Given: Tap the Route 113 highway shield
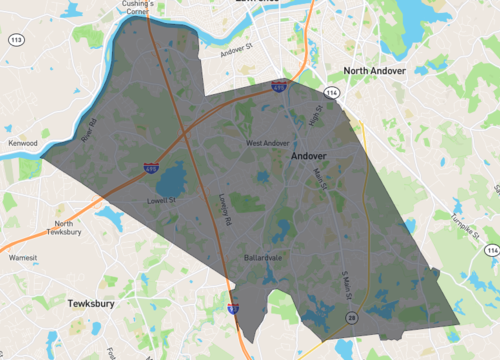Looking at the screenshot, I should coord(17,40).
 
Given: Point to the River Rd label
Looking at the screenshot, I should coord(86,131).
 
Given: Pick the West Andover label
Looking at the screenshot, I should coord(267,143).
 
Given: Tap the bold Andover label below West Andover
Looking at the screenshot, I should coord(310,157).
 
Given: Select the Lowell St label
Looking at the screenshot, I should coord(161,200).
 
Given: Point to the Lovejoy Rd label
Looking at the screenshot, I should coord(225,208).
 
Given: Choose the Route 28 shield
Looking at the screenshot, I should coord(352,317).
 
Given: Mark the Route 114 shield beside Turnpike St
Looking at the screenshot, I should coord(490,249).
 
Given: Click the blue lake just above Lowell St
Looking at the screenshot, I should coord(170,180).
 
